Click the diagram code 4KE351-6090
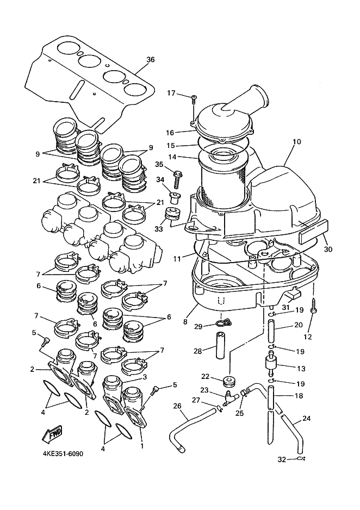[x=62, y=453]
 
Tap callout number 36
[x=151, y=59]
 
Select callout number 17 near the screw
[x=171, y=94]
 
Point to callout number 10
[x=296, y=142]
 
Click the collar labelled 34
[x=175, y=197]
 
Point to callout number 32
[x=282, y=459]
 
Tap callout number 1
[x=142, y=446]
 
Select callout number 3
[x=145, y=377]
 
